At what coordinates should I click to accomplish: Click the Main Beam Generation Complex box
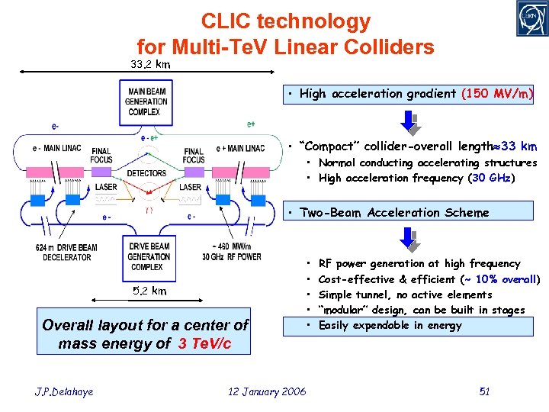[146, 102]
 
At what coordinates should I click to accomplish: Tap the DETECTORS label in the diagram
[146, 173]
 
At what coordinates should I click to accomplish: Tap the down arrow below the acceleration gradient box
[410, 121]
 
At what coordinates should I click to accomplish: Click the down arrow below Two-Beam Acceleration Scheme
[410, 240]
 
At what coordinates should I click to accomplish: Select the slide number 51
[484, 391]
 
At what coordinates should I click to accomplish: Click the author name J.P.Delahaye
[64, 391]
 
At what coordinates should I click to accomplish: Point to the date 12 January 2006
[267, 391]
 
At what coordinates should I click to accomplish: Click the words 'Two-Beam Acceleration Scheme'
[394, 213]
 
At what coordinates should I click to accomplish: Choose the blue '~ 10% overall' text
[500, 279]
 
